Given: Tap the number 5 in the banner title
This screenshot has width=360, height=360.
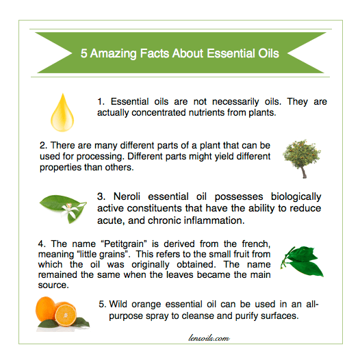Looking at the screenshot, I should click(84, 52).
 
